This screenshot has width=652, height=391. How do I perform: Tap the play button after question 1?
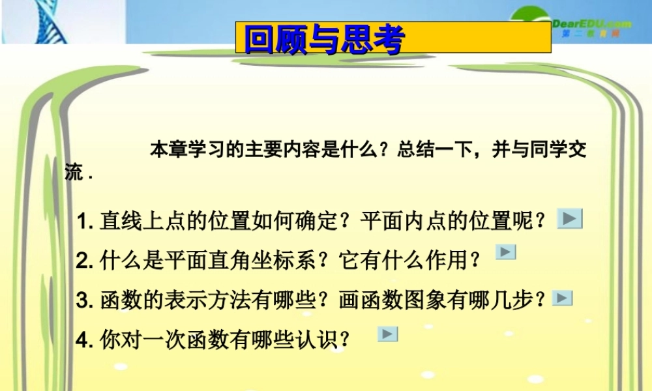coord(570,219)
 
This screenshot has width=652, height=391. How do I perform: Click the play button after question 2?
coord(506,252)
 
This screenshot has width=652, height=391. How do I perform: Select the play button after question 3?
coord(562,298)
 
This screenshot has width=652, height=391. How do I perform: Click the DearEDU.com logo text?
coord(592,24)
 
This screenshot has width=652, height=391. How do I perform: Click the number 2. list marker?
coord(85,261)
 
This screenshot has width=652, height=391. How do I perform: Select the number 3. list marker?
coord(85,300)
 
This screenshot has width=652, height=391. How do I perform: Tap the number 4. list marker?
coord(85,340)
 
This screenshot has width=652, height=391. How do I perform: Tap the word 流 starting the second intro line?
coord(74,173)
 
